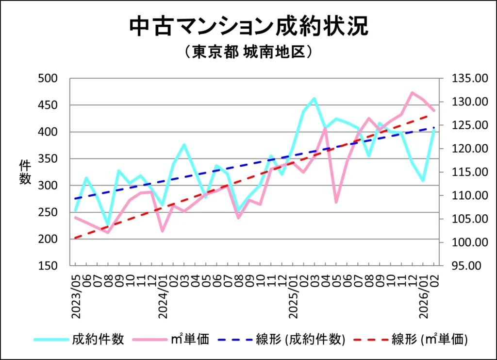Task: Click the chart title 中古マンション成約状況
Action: [x=248, y=27]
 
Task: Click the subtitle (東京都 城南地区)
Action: [x=248, y=52]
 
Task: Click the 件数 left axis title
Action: [x=25, y=172]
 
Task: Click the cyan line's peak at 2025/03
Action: [x=315, y=99]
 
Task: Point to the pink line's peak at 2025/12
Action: [x=412, y=92]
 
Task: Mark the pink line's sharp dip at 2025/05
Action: [x=336, y=202]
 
